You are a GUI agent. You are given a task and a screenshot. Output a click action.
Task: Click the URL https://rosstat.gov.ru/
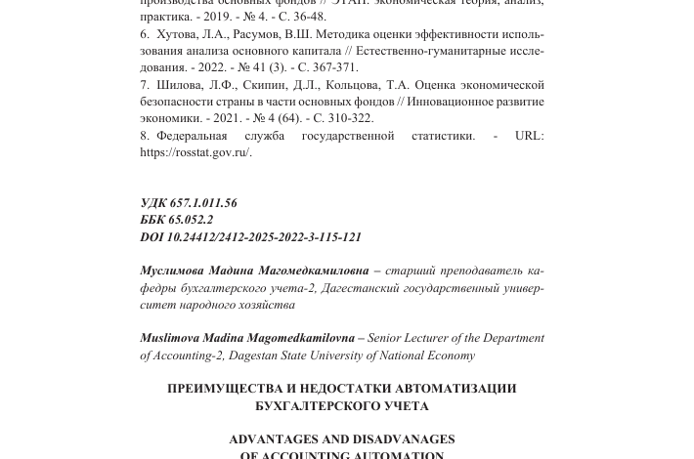pyautogui.click(x=195, y=152)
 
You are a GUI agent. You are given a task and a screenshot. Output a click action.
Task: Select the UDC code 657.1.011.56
pyautogui.click(x=203, y=203)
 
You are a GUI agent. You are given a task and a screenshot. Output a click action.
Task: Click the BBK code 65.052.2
pyautogui.click(x=191, y=220)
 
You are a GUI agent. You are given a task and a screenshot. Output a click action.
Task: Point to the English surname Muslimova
pyautogui.click(x=170, y=338)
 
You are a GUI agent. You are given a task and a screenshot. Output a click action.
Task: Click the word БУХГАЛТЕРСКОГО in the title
pyautogui.click(x=307, y=405)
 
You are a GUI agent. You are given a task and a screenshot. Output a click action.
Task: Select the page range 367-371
pyautogui.click(x=335, y=67)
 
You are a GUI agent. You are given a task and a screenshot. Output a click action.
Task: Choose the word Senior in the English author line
pyautogui.click(x=384, y=338)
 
